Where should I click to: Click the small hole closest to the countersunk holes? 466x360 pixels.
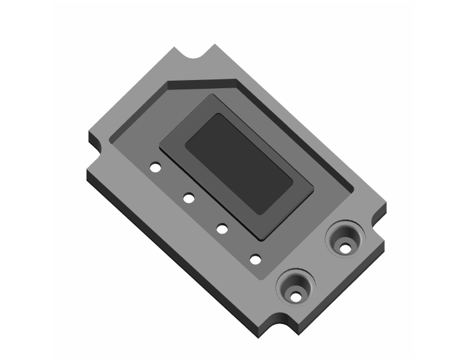point(255,258)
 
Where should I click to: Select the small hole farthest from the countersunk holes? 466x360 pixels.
point(155,168)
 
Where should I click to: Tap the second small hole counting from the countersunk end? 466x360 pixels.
point(222,228)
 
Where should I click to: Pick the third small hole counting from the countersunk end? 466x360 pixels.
point(189,198)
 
